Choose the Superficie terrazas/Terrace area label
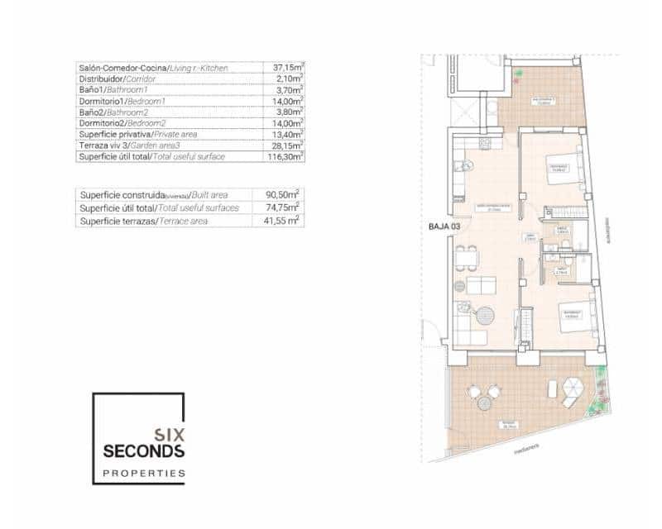143,222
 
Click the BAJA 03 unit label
444,226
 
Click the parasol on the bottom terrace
571,388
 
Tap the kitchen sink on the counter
468,165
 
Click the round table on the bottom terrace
483,403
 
